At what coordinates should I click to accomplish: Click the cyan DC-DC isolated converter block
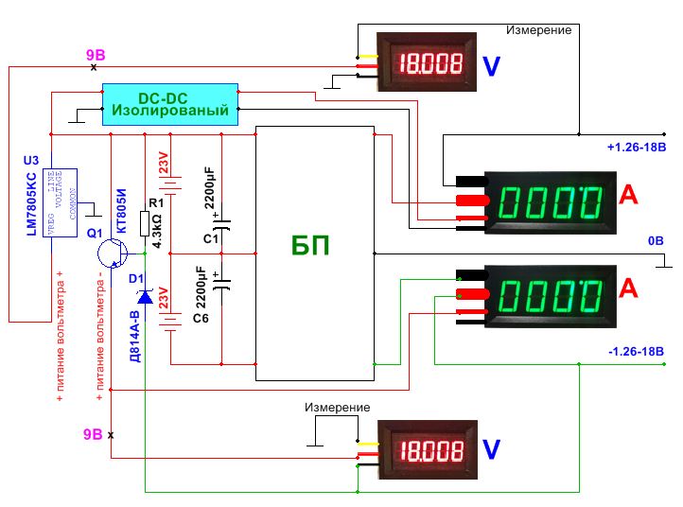[170, 105]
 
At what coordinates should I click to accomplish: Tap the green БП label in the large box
[310, 246]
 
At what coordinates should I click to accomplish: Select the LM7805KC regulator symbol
[61, 203]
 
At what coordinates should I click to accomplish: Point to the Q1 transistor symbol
[112, 253]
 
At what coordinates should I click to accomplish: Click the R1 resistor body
[145, 224]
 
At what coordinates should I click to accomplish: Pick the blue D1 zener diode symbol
[145, 297]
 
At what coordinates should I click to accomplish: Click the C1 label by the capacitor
[211, 238]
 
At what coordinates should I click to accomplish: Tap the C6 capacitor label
[201, 319]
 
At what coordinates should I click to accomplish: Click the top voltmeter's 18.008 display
[429, 63]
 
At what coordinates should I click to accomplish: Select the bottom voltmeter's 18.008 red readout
[430, 450]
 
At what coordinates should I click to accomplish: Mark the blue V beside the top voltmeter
[491, 66]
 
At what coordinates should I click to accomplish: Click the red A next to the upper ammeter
[628, 195]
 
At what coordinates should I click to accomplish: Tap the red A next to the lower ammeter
[628, 288]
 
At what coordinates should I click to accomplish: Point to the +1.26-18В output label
[637, 148]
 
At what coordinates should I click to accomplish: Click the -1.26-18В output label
[636, 351]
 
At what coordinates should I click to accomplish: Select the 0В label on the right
[656, 240]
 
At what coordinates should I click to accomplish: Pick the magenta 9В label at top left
[96, 55]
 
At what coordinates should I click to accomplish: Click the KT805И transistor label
[121, 211]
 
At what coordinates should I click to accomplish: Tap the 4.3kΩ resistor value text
[157, 231]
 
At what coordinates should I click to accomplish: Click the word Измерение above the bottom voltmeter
[337, 408]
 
